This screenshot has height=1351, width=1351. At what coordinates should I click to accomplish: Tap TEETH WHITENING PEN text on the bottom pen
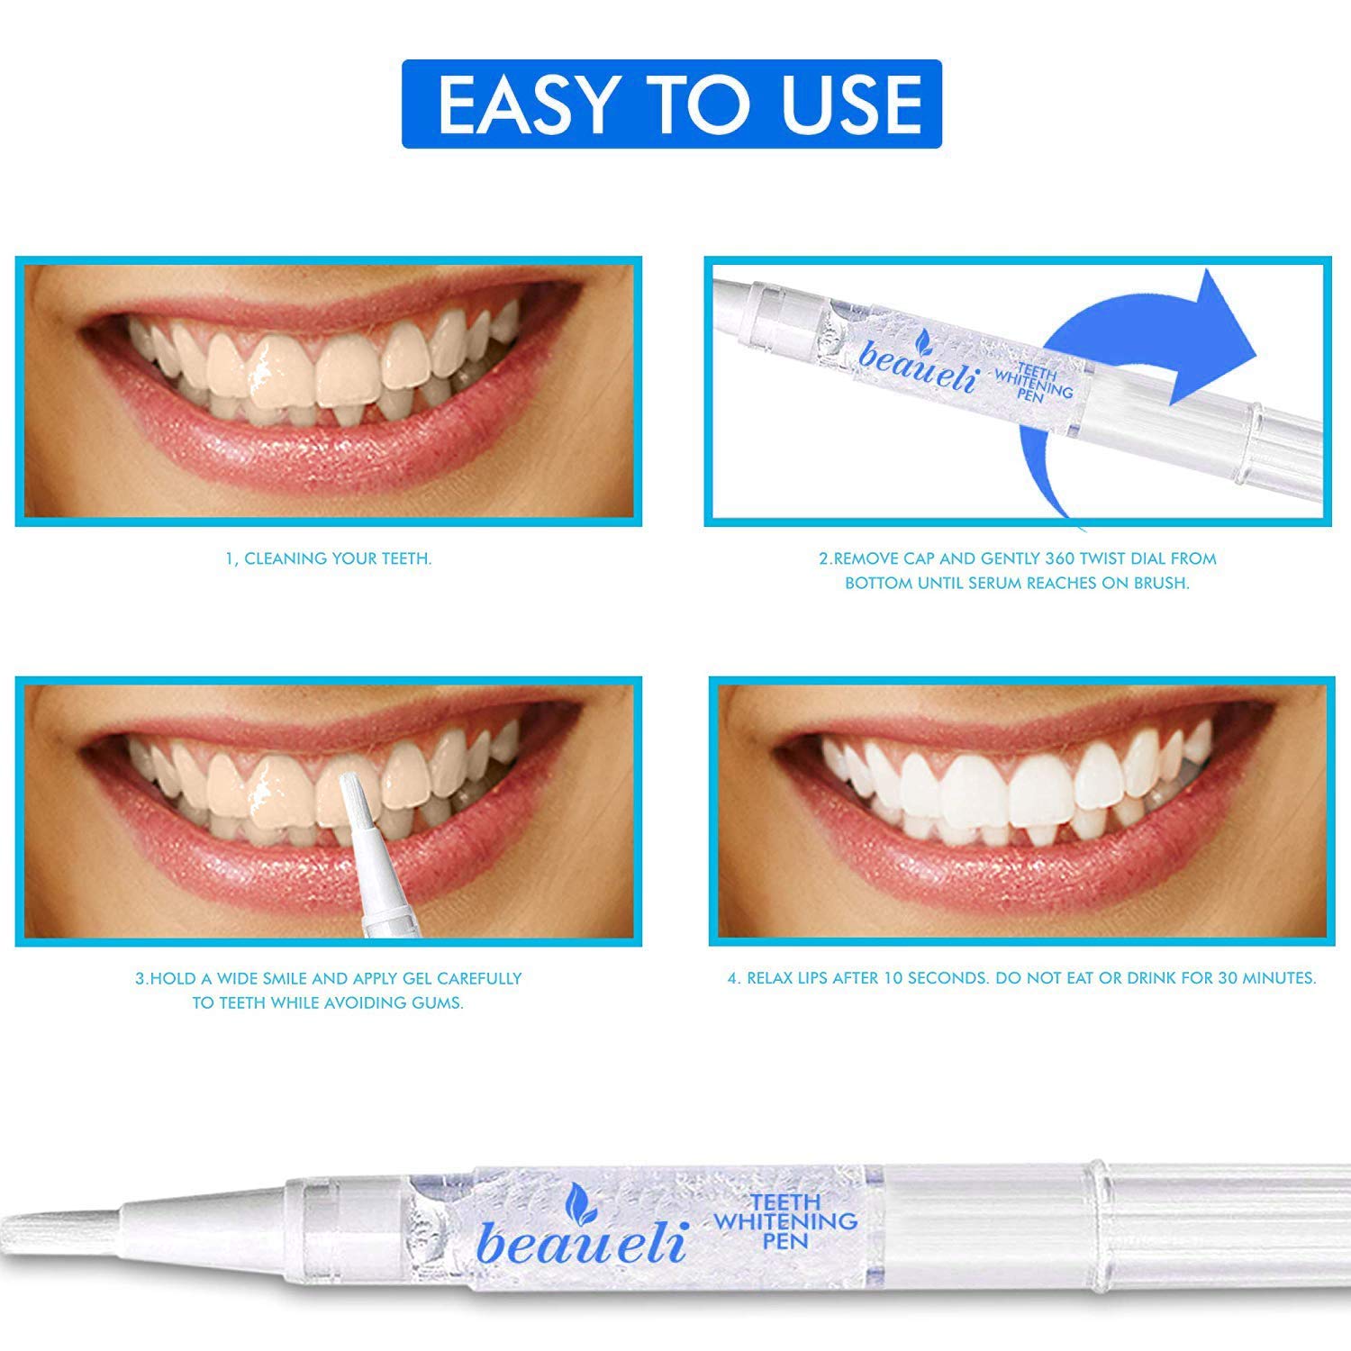784,1221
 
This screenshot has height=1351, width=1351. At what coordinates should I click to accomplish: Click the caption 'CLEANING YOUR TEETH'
339,559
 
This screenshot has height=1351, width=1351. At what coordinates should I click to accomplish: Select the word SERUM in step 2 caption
997,584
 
